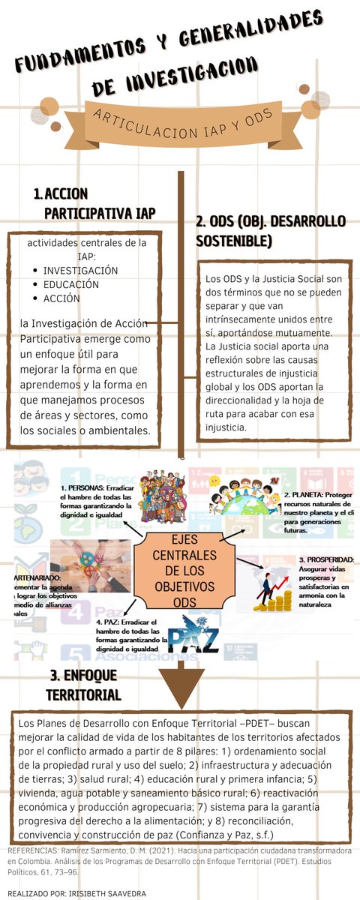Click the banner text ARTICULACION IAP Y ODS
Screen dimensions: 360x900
point(179,125)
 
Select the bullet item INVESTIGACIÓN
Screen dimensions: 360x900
point(80,270)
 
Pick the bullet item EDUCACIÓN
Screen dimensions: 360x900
point(70,284)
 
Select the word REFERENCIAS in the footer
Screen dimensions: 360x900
point(31,851)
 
